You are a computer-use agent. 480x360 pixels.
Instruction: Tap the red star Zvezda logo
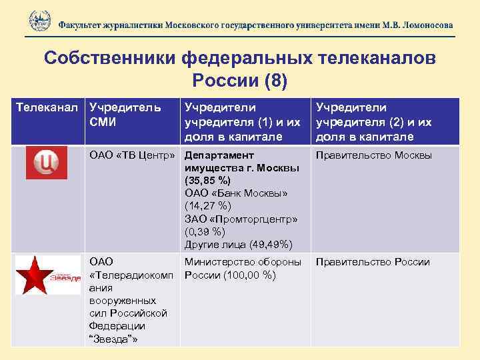(x=47, y=273)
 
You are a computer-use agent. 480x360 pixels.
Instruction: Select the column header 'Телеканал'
(x=49, y=107)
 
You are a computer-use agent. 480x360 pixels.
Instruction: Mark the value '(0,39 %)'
(x=208, y=231)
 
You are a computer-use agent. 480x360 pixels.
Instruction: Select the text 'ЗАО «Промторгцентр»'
(x=241, y=219)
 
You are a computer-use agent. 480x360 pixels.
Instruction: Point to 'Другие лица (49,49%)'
(x=239, y=244)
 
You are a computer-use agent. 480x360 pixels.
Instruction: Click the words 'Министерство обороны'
(x=243, y=262)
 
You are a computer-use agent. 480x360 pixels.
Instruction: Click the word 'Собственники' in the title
(x=109, y=58)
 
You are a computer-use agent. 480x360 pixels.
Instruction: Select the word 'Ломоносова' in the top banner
(x=419, y=25)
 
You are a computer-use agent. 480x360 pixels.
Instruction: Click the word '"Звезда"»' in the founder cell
(x=113, y=339)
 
